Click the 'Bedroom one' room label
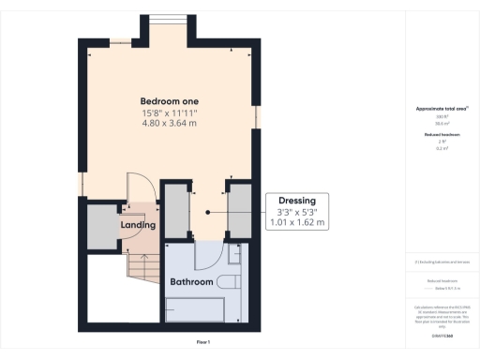(x=170, y=101)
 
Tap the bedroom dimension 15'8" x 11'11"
(x=170, y=113)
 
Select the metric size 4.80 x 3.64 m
(x=170, y=125)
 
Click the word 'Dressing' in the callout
(x=296, y=201)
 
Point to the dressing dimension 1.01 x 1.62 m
(x=296, y=223)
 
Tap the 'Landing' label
(x=138, y=225)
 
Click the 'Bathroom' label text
(x=191, y=281)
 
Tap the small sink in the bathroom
(x=234, y=253)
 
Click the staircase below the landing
(x=141, y=271)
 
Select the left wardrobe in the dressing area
(x=175, y=208)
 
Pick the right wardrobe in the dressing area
(x=239, y=208)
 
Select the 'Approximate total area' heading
(x=442, y=109)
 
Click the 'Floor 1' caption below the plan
(x=202, y=342)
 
